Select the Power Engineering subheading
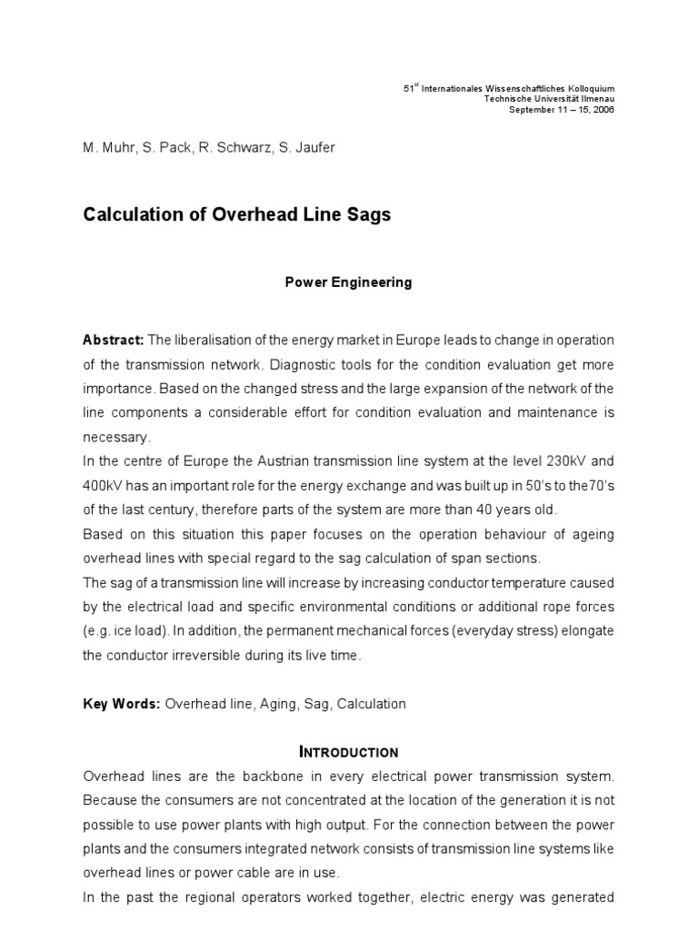point(349,282)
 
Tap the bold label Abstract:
point(114,340)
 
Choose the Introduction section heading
point(349,752)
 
